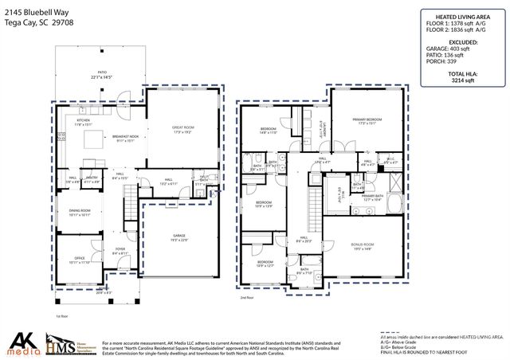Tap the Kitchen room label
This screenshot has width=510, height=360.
pos(84,121)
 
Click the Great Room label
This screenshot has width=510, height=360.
pos(183,129)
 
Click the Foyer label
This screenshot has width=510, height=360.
pos(120,248)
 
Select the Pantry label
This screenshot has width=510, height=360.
pos(92,179)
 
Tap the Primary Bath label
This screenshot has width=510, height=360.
pos(372,196)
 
